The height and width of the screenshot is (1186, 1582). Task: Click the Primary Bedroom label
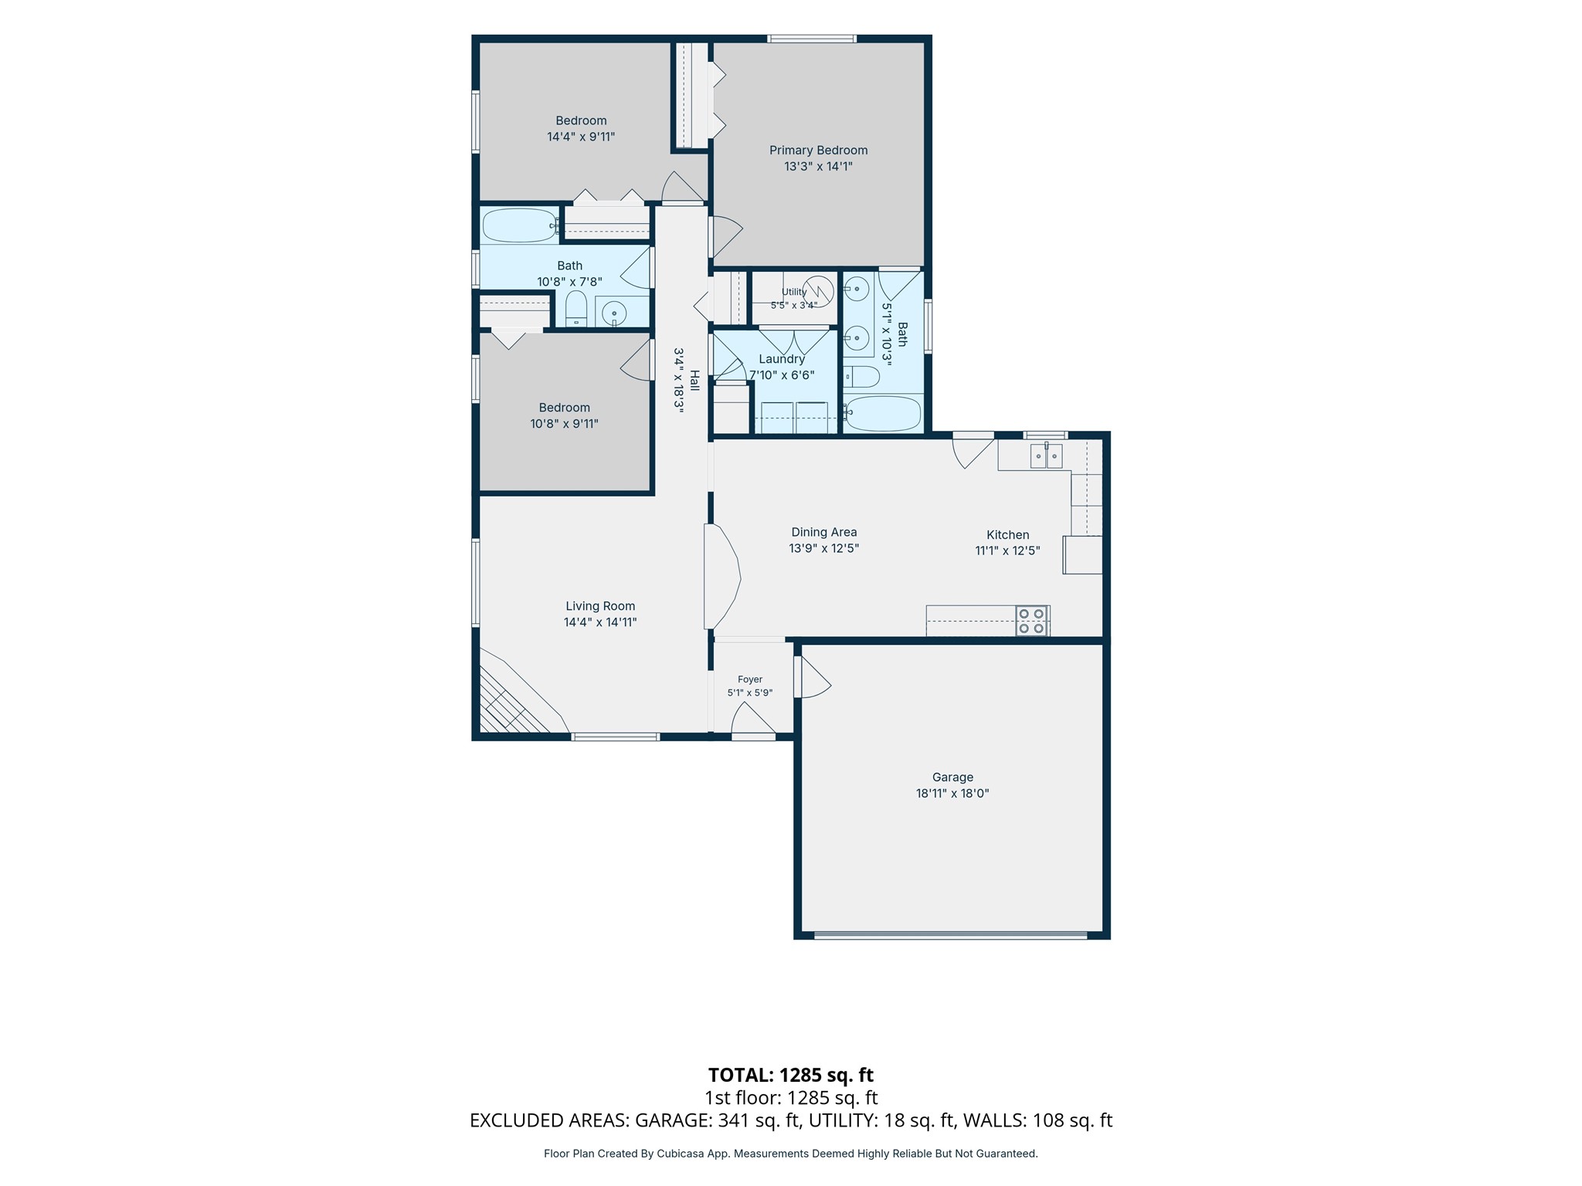coord(818,151)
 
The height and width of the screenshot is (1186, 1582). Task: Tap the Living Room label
coord(600,606)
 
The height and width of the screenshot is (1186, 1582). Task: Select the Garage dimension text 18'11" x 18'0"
coord(952,793)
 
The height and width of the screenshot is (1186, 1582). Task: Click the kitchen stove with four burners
coord(1032,621)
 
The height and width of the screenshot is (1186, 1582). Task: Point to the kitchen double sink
coord(1046,456)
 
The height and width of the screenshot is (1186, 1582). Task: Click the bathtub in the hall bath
coord(520,225)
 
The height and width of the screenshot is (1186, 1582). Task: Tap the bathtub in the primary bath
coord(883,413)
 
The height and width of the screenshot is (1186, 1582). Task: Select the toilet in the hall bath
coord(576,309)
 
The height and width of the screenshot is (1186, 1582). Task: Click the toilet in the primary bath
coord(861,377)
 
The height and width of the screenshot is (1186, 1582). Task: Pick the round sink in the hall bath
coord(614,313)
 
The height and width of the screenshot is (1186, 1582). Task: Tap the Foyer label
coord(750,679)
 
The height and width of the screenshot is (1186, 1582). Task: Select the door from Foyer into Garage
coord(813,677)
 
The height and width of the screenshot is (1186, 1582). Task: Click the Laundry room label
coord(782,359)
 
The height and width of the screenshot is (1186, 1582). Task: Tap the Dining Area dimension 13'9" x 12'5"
coord(823,548)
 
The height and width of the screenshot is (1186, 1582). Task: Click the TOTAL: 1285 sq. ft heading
coord(791,1075)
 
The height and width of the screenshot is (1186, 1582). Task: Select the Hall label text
coord(694,381)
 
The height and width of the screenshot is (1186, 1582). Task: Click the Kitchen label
coord(1008,534)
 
